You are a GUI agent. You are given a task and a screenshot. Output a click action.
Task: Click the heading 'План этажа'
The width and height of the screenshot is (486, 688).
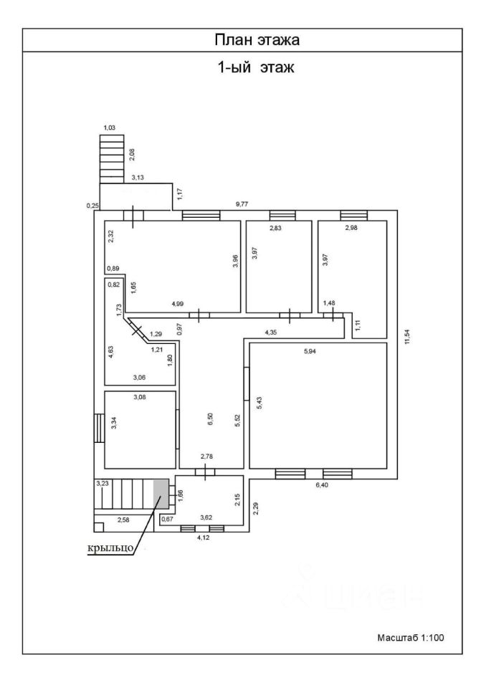pos(257,40)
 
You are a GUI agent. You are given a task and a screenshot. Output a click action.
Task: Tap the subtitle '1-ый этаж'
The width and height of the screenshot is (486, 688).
pos(257,70)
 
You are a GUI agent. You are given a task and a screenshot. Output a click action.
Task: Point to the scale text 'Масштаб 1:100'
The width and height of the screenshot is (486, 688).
pos(411,637)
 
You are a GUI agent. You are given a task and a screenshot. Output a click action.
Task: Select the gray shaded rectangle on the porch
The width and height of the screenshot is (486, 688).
pos(161,494)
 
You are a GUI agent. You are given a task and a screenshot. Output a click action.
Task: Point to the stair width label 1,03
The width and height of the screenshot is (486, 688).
pos(110,128)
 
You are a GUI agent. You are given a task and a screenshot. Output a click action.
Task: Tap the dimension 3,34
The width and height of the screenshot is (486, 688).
pos(113,423)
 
